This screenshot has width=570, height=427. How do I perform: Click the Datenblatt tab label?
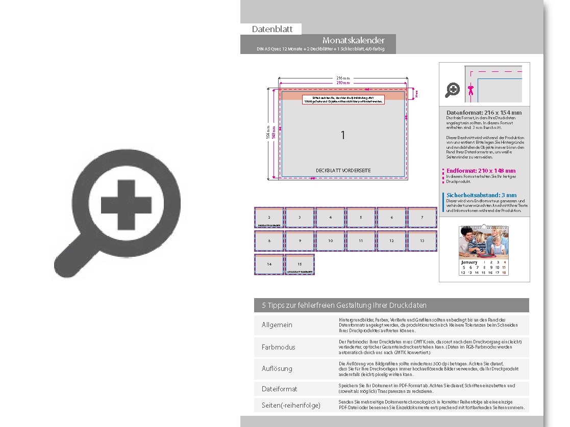[x=272, y=29]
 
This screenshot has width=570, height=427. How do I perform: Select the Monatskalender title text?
[x=353, y=40]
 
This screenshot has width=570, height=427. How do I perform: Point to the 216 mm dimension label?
[x=343, y=77]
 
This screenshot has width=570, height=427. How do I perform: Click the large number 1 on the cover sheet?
[x=343, y=135]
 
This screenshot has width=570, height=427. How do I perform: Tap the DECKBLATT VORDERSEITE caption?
[x=343, y=170]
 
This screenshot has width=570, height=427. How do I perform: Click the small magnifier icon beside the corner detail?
[x=453, y=90]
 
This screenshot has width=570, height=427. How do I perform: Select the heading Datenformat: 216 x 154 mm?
[x=484, y=113]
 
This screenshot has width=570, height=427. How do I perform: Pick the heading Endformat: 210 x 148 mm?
[x=481, y=171]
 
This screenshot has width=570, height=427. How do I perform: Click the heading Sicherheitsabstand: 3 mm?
[x=481, y=195]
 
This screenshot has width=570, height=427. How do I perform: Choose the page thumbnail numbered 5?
[x=361, y=218]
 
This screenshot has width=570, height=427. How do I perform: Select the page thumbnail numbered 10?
[x=330, y=241]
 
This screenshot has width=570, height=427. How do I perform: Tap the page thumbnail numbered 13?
[x=422, y=241]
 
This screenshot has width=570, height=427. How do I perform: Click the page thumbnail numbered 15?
[x=300, y=264]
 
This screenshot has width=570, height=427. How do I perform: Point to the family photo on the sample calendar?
[x=483, y=243]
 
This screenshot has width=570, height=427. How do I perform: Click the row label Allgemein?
[x=277, y=325]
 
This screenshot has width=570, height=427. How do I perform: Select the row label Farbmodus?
[x=278, y=347]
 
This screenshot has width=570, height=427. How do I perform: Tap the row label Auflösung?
[x=277, y=368]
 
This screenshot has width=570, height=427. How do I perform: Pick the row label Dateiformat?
[x=279, y=389]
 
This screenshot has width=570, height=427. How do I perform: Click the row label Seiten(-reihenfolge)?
[x=291, y=405]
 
